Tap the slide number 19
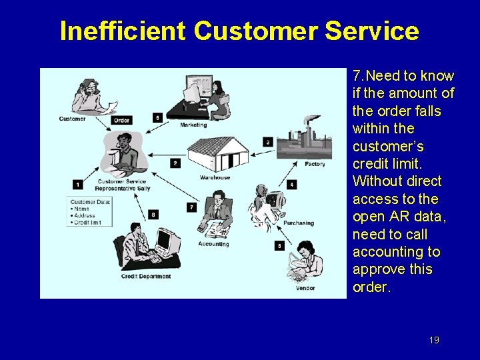pos(434,340)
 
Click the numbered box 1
pos(78,184)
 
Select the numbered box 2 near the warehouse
pos(175,163)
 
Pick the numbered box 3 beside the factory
pos(268,141)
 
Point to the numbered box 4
pos(291,184)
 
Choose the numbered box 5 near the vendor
pos(279,246)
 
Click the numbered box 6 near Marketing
pos(157,117)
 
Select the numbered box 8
pos(154,214)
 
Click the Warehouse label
pos(215,177)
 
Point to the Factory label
pos(315,164)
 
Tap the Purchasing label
pos(298,223)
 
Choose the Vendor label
pos(305,289)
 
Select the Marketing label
pos(193,125)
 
